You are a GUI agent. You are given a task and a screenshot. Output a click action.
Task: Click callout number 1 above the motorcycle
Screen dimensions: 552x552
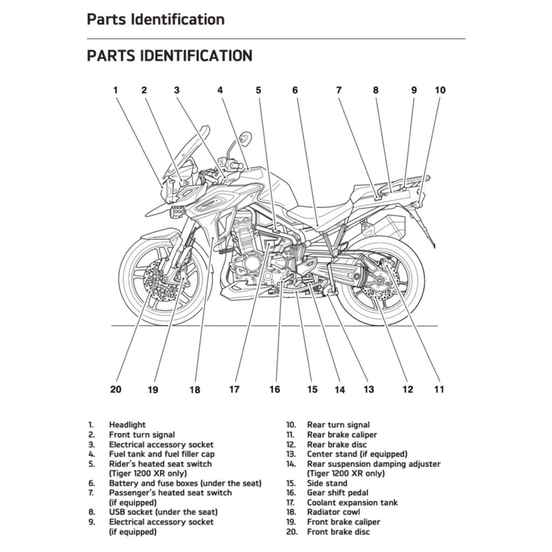(x=115, y=91)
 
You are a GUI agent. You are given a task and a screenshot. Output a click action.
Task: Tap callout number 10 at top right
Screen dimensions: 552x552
(x=440, y=91)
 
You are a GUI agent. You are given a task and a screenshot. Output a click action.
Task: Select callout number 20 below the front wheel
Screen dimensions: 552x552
(x=116, y=389)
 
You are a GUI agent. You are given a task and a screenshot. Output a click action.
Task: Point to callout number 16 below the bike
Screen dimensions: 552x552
(x=275, y=389)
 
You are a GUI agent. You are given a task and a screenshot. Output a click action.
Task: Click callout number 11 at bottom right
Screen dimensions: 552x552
(x=439, y=389)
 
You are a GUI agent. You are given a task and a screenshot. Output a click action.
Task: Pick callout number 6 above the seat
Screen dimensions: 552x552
(x=295, y=91)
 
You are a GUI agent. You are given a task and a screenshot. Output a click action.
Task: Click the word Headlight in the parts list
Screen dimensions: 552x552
(x=127, y=425)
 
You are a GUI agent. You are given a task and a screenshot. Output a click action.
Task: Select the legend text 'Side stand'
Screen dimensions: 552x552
(x=327, y=483)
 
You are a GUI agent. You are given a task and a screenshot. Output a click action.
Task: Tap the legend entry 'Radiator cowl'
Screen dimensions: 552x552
(x=334, y=512)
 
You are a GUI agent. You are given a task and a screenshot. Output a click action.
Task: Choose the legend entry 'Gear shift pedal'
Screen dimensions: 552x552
(x=338, y=493)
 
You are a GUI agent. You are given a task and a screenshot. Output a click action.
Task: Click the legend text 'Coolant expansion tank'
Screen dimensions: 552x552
(x=353, y=502)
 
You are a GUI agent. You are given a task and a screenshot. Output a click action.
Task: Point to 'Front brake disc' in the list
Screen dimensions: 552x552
(x=339, y=532)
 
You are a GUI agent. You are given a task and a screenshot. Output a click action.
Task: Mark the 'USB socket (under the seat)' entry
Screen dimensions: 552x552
(x=163, y=512)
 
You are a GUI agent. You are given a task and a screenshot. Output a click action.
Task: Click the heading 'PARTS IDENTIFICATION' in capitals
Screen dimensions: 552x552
(x=169, y=56)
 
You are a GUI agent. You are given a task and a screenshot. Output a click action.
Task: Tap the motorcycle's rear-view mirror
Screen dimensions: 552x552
(x=245, y=139)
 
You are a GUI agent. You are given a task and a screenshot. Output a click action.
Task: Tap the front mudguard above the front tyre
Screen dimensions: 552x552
(x=159, y=234)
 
